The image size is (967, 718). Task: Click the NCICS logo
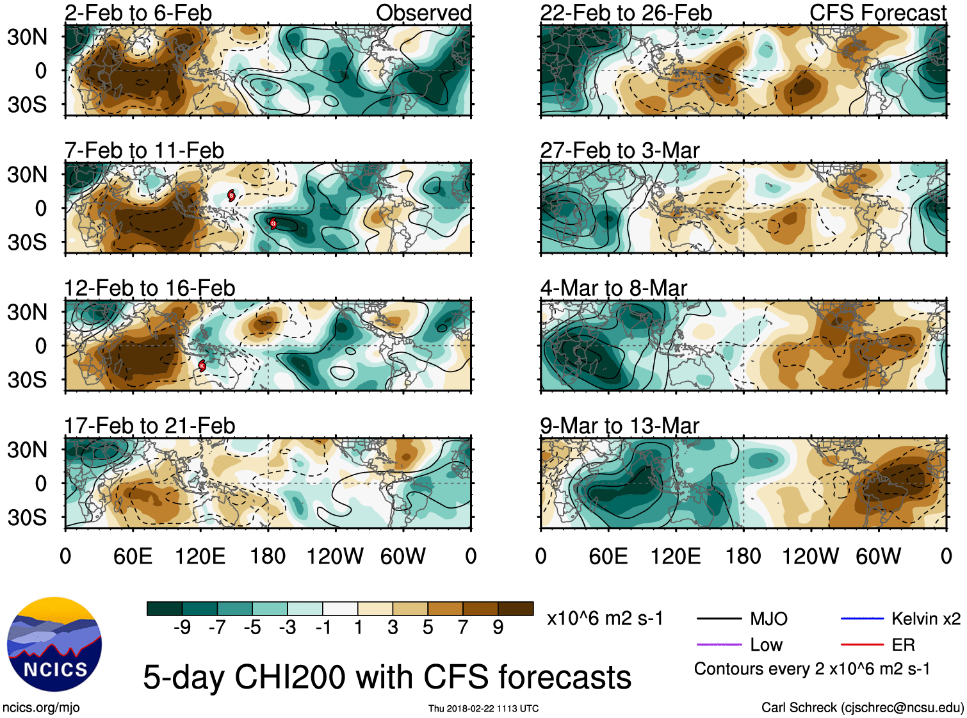(x=54, y=644)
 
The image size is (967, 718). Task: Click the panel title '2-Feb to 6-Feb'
(x=138, y=13)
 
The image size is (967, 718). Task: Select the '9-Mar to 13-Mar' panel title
(x=619, y=426)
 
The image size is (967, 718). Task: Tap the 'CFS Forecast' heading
(x=877, y=13)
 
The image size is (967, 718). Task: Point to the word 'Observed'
(x=423, y=13)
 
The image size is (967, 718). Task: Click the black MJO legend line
(x=719, y=619)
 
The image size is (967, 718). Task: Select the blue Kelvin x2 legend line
(x=862, y=619)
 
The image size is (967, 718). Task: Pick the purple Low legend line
(x=719, y=644)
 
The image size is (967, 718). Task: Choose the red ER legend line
(x=862, y=644)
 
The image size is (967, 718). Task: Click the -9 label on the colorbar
(x=183, y=628)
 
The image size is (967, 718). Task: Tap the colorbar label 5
(x=428, y=628)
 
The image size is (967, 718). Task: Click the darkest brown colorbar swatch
(x=516, y=608)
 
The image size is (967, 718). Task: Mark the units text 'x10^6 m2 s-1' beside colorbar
(x=605, y=619)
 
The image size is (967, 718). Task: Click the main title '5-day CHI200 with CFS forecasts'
(x=387, y=677)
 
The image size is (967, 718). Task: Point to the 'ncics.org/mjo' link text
(x=41, y=708)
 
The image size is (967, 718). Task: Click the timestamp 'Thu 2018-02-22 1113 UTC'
(x=483, y=708)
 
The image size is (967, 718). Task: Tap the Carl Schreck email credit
(x=862, y=708)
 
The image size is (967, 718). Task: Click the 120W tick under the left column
(x=335, y=556)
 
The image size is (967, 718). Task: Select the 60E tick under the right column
(x=608, y=556)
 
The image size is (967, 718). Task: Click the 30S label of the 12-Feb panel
(x=28, y=380)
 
